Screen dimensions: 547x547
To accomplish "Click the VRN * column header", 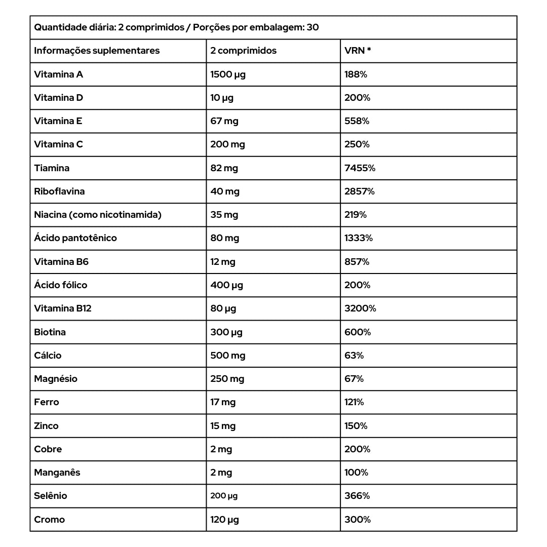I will coord(358,51).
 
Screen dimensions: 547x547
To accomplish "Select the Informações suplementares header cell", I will coord(97,51).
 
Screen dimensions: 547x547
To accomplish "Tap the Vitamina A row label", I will coord(58,74).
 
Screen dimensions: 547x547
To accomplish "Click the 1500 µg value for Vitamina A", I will coord(228,74).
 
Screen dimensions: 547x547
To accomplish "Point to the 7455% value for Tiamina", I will coord(360,168).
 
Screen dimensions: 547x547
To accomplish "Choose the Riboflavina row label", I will coord(59,191).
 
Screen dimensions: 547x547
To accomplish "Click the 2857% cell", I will coord(359,191).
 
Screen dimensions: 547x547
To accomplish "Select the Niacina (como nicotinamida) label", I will coord(98,215).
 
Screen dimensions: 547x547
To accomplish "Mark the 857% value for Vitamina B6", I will coord(357,262).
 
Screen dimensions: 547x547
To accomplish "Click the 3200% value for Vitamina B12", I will coord(360,308).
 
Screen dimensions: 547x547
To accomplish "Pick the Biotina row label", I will coord(50,332).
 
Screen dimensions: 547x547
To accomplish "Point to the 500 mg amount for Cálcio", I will coord(228,356).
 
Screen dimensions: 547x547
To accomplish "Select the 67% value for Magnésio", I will coord(354,379).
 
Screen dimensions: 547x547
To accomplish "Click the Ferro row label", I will coord(47,402).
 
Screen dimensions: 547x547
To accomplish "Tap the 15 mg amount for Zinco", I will coord(223,426).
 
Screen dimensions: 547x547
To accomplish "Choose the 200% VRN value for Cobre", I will coord(357,449).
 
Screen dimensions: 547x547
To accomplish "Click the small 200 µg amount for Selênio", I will coord(224,496).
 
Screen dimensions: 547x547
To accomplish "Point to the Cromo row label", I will coord(49,520).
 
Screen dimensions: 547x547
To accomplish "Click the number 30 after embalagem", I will coord(312,27).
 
